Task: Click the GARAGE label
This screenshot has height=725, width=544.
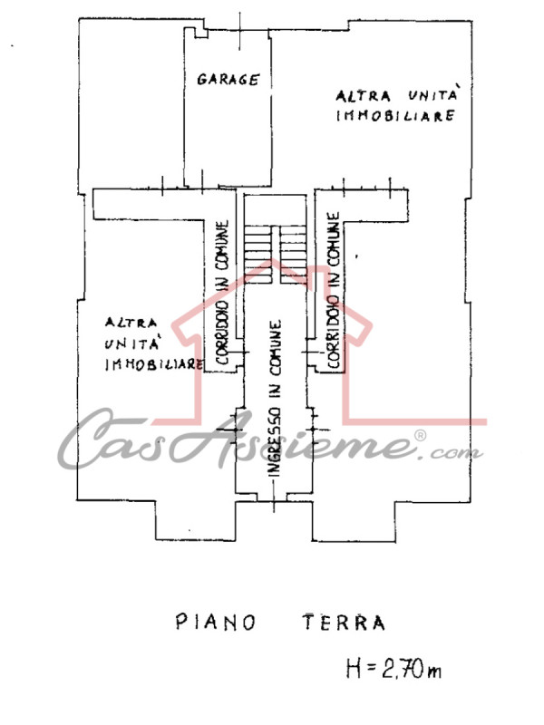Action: [x=228, y=79]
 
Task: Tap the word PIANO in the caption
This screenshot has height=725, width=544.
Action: [x=216, y=623]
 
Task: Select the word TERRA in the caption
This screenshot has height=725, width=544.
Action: [x=345, y=623]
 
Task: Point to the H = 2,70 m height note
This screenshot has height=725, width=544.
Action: [x=393, y=669]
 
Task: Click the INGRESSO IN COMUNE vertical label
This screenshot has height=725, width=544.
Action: [x=275, y=398]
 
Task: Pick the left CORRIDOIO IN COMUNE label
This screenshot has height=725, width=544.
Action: [x=222, y=292]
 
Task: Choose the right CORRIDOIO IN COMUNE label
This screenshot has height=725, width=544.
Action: [x=334, y=290]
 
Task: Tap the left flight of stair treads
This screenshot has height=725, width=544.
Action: [x=258, y=255]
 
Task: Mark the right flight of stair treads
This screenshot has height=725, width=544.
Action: [x=293, y=255]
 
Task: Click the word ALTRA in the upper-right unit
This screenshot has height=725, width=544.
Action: [x=364, y=96]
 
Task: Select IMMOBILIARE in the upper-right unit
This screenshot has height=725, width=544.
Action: [x=395, y=115]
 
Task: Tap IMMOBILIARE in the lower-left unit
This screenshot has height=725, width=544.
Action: [x=154, y=364]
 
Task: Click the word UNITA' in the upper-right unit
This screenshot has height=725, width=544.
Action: [x=433, y=94]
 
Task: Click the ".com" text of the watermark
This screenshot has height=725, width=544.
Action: [x=456, y=452]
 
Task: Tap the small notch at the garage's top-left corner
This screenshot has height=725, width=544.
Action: [x=200, y=33]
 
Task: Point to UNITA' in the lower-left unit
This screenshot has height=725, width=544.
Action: [x=132, y=343]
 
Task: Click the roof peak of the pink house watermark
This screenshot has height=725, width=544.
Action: [x=272, y=260]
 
